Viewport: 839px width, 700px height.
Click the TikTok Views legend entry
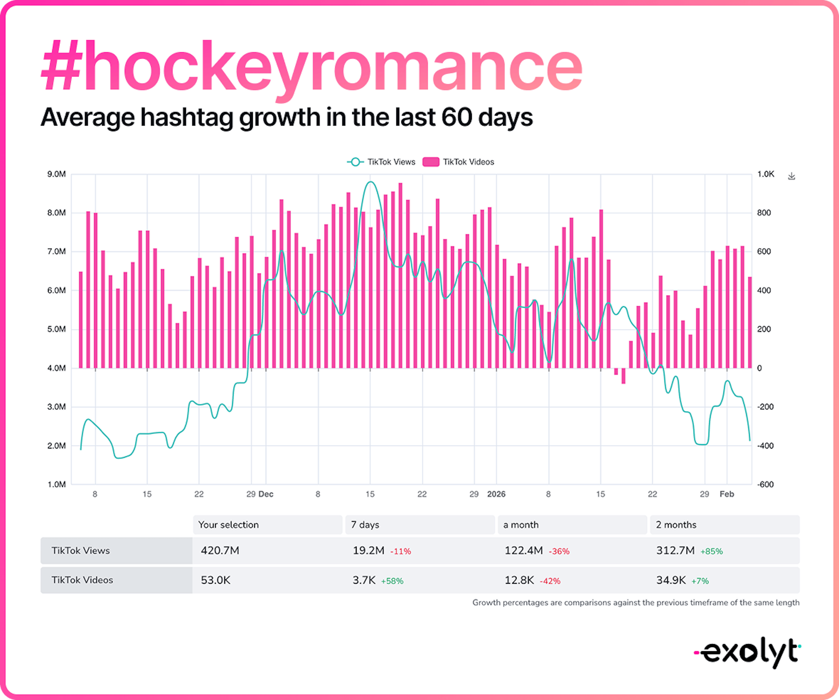point(381,162)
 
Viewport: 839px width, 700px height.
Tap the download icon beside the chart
point(791,176)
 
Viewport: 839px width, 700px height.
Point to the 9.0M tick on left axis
point(56,174)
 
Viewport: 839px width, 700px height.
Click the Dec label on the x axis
point(266,494)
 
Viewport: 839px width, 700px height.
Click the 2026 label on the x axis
point(496,494)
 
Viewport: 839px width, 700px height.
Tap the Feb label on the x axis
point(727,494)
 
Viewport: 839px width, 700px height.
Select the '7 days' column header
point(365,525)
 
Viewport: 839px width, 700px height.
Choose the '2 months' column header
point(676,525)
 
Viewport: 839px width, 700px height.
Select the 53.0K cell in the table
point(216,580)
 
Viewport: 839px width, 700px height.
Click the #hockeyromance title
point(312,66)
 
